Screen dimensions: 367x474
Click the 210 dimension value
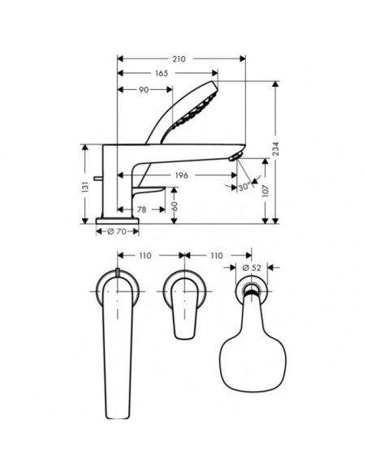pyautogui.click(x=179, y=59)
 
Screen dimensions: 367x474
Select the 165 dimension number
pyautogui.click(x=162, y=74)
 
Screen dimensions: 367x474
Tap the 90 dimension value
pyautogui.click(x=144, y=90)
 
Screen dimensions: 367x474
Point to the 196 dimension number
pyautogui.click(x=181, y=175)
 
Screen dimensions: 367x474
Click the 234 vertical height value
pyautogui.click(x=276, y=149)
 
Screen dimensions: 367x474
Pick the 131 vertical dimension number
pyautogui.click(x=86, y=187)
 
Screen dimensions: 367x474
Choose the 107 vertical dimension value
pyautogui.click(x=266, y=191)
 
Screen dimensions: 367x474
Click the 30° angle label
pyautogui.click(x=244, y=187)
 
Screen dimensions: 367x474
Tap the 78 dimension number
pyautogui.click(x=142, y=209)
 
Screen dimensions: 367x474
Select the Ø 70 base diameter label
pyautogui.click(x=117, y=232)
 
